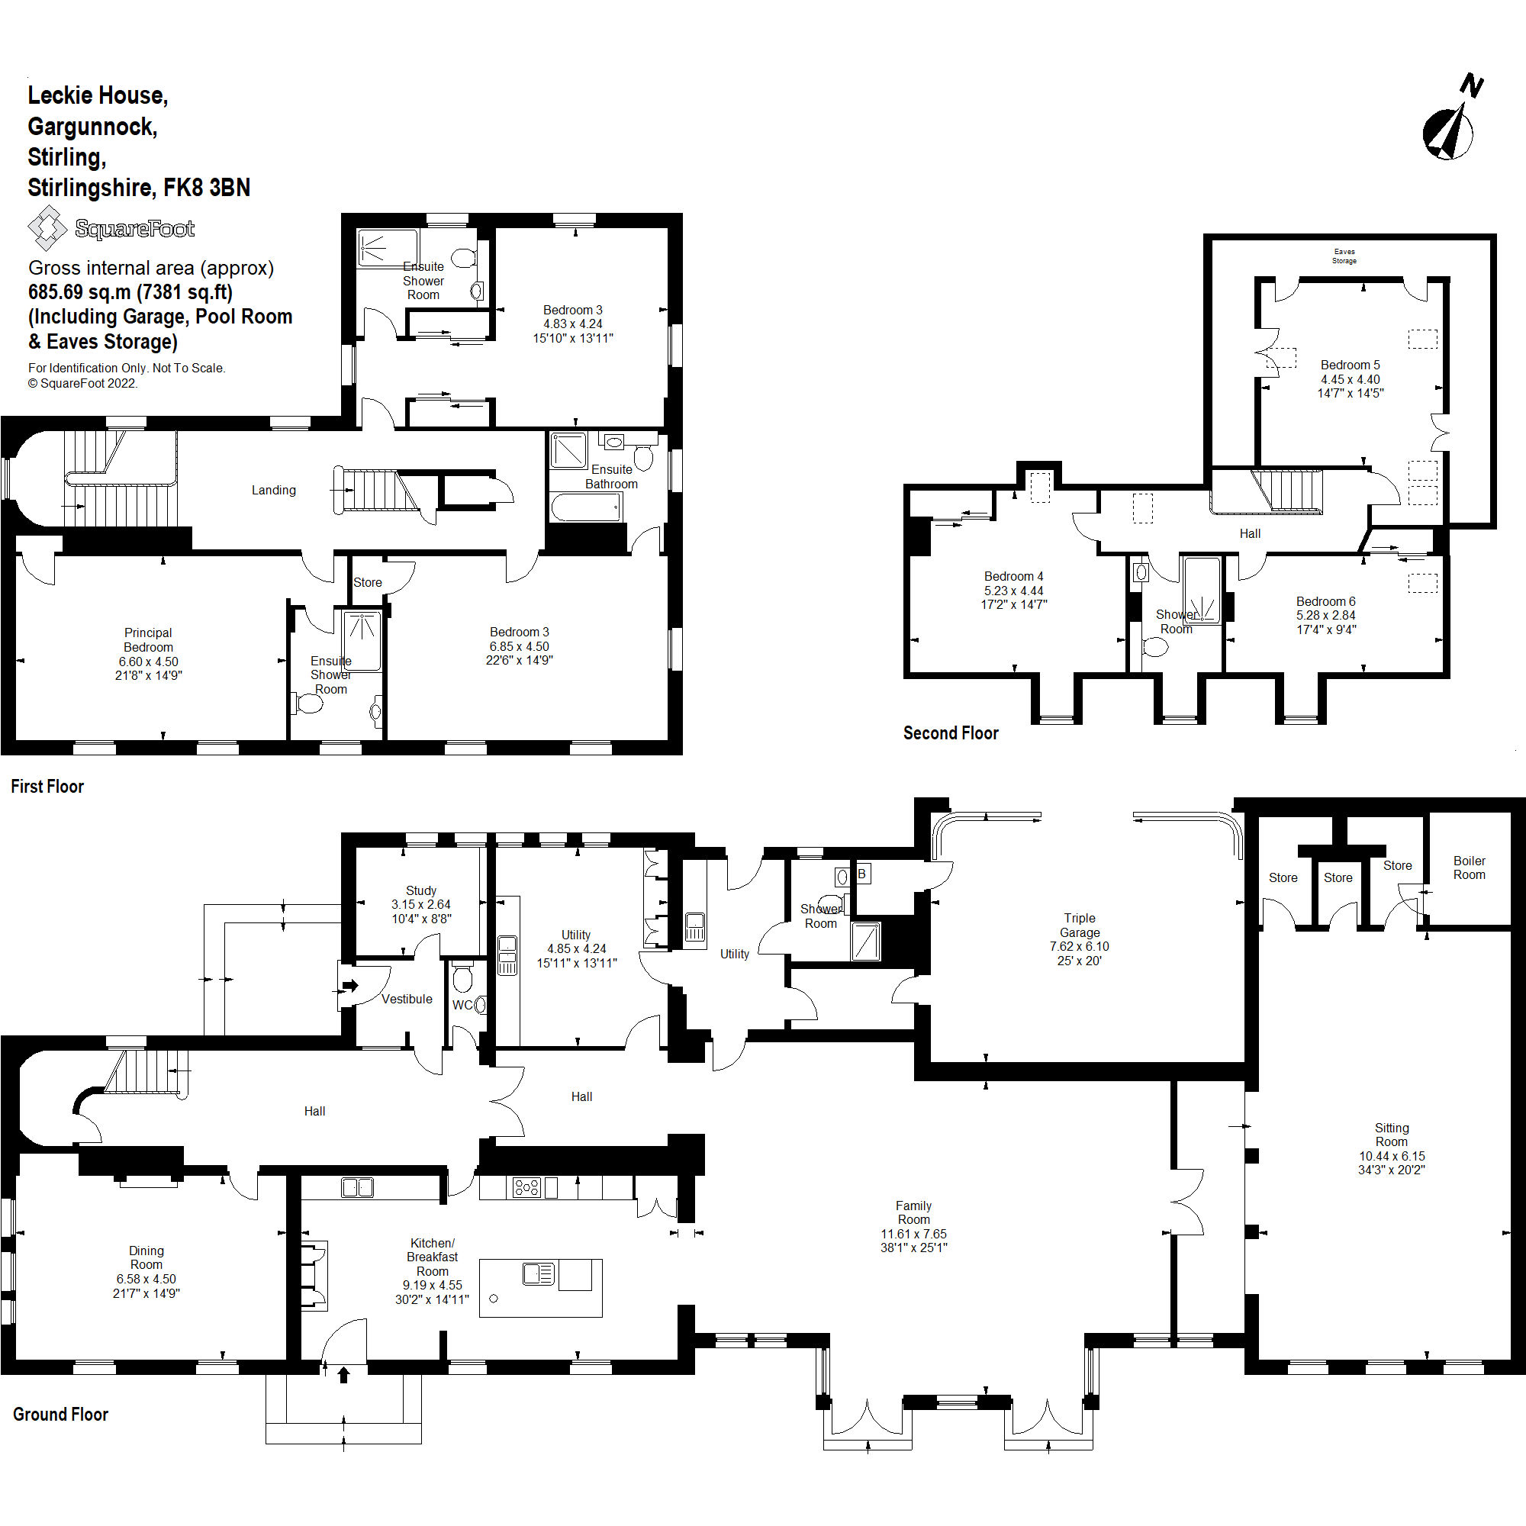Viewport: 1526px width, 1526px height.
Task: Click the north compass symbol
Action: click(1450, 130)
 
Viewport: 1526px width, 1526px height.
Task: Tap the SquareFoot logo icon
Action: click(47, 227)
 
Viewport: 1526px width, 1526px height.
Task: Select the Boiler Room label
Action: click(1468, 868)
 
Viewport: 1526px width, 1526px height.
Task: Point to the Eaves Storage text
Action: click(1344, 256)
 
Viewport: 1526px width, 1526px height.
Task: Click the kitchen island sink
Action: click(539, 1273)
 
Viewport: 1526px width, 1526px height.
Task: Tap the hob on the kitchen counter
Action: click(526, 1186)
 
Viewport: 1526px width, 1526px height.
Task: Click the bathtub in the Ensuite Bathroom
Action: click(585, 507)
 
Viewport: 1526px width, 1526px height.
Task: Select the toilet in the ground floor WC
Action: click(463, 978)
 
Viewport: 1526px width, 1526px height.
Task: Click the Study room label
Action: click(421, 890)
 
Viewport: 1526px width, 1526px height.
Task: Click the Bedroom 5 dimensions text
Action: click(1350, 386)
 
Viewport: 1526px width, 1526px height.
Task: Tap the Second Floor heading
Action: click(950, 733)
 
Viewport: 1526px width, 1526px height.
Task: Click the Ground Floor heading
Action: click(60, 1414)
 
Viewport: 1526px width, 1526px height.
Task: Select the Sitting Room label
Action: click(1391, 1135)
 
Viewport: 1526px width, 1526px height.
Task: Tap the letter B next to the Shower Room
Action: click(861, 874)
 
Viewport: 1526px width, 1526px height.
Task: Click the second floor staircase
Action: click(1286, 490)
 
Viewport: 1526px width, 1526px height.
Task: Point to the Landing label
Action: click(273, 490)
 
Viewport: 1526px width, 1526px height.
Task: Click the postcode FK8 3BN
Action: click(206, 188)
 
